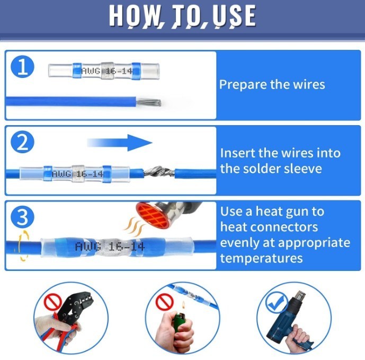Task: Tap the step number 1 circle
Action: click(22, 67)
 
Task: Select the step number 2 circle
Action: click(22, 142)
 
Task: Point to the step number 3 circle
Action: click(22, 217)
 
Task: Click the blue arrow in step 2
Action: click(119, 143)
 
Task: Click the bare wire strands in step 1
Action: click(149, 102)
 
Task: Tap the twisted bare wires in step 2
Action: click(159, 172)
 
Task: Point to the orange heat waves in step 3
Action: click(134, 226)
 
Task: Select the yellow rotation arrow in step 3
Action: click(23, 245)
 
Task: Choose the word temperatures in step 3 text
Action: click(261, 258)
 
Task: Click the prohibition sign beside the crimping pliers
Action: click(53, 302)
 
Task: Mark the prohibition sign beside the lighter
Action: click(165, 301)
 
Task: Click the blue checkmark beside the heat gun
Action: click(277, 302)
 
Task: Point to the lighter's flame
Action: click(183, 304)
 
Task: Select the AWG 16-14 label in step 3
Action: click(110, 247)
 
